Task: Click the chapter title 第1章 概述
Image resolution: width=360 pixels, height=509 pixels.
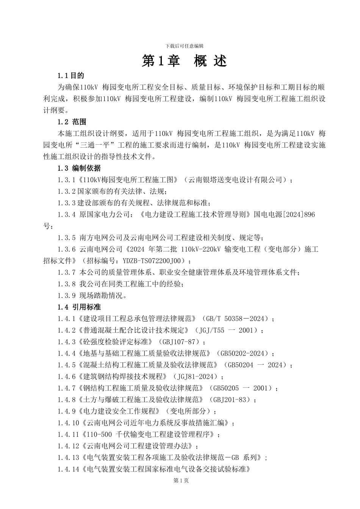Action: pos(184,61)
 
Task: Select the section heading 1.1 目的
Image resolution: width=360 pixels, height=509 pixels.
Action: pos(71,76)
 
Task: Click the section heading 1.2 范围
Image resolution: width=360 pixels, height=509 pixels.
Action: pos(72,122)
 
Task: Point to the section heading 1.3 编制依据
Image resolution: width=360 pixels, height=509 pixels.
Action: pos(79,168)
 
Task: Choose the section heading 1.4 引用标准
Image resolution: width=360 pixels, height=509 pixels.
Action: pos(79,307)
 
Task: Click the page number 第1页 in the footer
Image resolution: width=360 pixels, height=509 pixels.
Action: pos(181,481)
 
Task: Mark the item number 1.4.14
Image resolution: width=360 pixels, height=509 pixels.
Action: pos(69,469)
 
